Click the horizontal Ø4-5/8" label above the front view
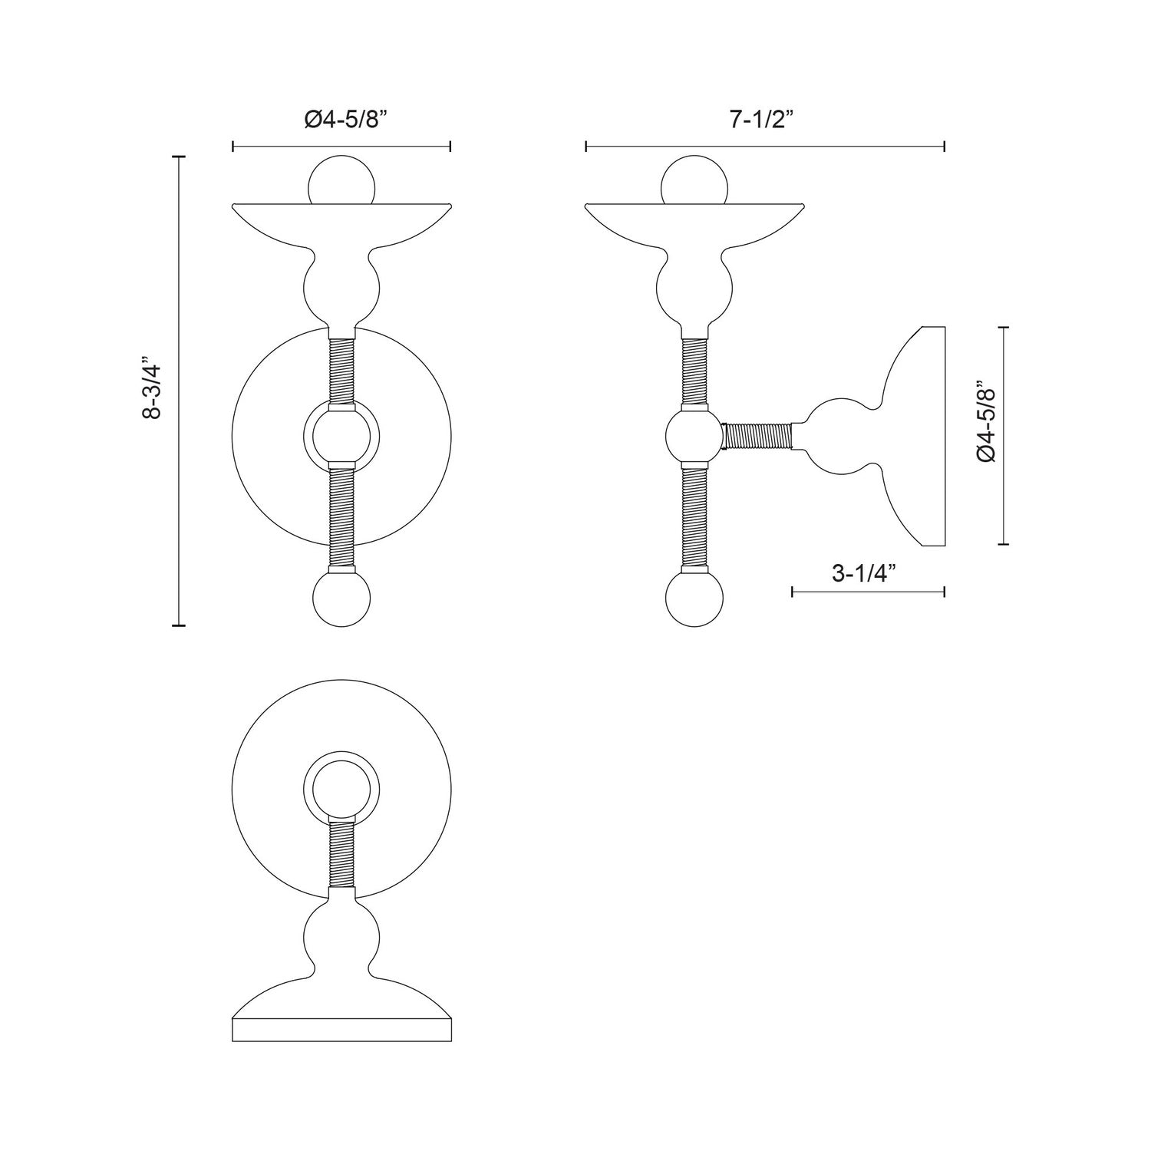[341, 120]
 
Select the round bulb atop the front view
[341, 182]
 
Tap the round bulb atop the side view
[694, 182]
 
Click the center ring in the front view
[341, 435]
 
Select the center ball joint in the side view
[694, 436]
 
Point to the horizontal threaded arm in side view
[758, 436]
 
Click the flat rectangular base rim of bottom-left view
[341, 1029]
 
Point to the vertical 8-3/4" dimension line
[179, 391]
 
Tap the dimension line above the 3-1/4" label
[868, 591]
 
